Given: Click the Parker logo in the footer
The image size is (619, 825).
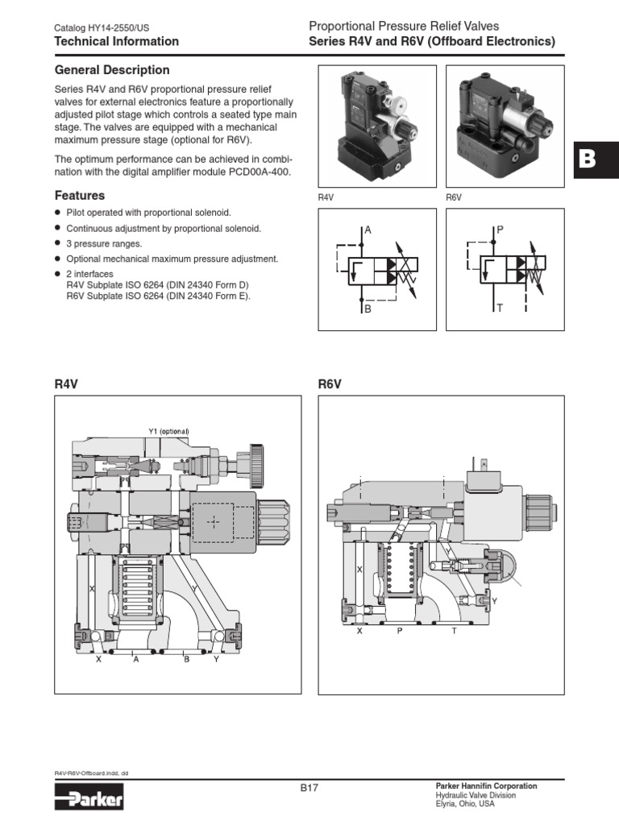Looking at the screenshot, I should [x=89, y=800].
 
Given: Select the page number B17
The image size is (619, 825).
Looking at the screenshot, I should [x=309, y=789].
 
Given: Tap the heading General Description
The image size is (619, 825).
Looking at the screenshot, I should [x=112, y=70].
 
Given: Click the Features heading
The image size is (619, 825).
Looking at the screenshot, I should [x=79, y=196].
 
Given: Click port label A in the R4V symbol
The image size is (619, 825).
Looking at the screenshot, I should [x=368, y=230].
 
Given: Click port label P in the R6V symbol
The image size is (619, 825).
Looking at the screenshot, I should [x=500, y=230].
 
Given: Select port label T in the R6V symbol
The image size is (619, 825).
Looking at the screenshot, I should [x=500, y=309].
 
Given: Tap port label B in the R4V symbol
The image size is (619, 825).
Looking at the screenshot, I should [x=368, y=309].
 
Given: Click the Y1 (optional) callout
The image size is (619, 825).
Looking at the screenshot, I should [x=168, y=431].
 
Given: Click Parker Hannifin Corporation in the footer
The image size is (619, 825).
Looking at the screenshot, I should [x=486, y=786].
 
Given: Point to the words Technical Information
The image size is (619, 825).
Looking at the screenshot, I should [x=116, y=41].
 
